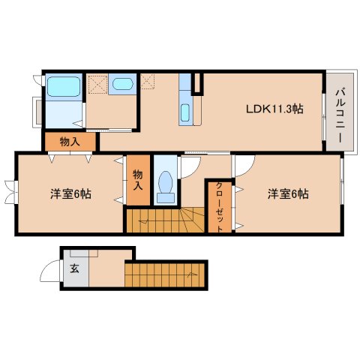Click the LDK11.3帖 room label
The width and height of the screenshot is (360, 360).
click(274, 109)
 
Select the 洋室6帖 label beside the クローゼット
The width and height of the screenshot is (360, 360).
click(289, 194)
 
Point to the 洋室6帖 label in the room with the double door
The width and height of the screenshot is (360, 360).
click(70, 194)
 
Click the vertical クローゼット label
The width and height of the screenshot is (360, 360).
click(219, 206)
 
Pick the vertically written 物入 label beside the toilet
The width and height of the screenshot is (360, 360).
click(137, 180)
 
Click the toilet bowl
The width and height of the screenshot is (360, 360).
click(166, 184)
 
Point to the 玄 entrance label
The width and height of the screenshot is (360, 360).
click(74, 268)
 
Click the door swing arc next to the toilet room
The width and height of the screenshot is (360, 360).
click(191, 166)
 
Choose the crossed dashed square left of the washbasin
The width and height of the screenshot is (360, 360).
click(97, 82)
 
